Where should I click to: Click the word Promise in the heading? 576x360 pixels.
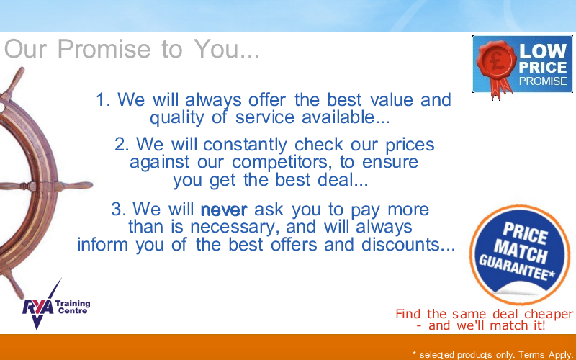coord(104,48)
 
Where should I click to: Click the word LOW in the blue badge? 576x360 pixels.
coord(543,50)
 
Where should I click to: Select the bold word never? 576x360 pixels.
coord(224,210)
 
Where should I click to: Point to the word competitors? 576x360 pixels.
coord(279,163)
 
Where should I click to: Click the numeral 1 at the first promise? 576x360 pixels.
coord(102,99)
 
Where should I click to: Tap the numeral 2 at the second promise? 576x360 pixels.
coord(121,145)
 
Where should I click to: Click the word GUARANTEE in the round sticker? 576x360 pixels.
coord(516,268)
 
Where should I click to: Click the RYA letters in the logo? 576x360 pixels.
coord(37,308)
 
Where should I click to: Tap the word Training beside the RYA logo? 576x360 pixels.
coord(73,303)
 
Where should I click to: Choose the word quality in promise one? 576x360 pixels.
coord(176,118)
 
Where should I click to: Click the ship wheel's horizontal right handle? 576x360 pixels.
coord(76,186)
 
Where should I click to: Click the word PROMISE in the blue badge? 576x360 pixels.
coord(543,81)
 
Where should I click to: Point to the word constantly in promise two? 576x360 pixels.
coord(245,145)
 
